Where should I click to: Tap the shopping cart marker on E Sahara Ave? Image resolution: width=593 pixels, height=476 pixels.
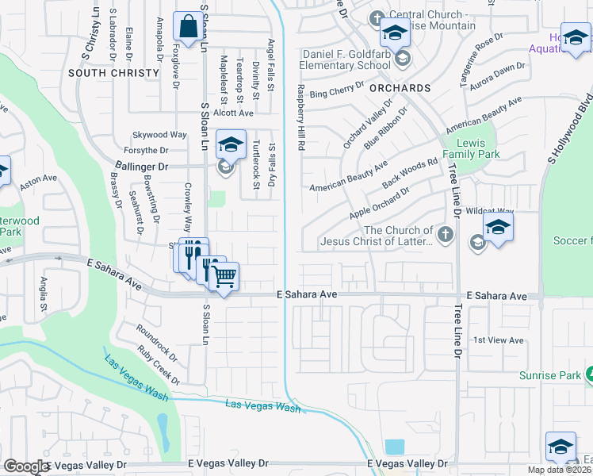pyautogui.click(x=224, y=277)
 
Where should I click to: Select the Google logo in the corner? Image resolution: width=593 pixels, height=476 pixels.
pyautogui.click(x=25, y=466)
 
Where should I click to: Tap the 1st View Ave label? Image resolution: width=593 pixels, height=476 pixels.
pyautogui.click(x=499, y=340)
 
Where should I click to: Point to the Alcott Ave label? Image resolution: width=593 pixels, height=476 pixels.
pyautogui.click(x=233, y=113)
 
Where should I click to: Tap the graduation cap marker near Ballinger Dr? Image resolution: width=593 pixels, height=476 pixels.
pyautogui.click(x=230, y=145)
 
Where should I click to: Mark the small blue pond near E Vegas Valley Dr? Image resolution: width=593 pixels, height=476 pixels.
pyautogui.click(x=394, y=446)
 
